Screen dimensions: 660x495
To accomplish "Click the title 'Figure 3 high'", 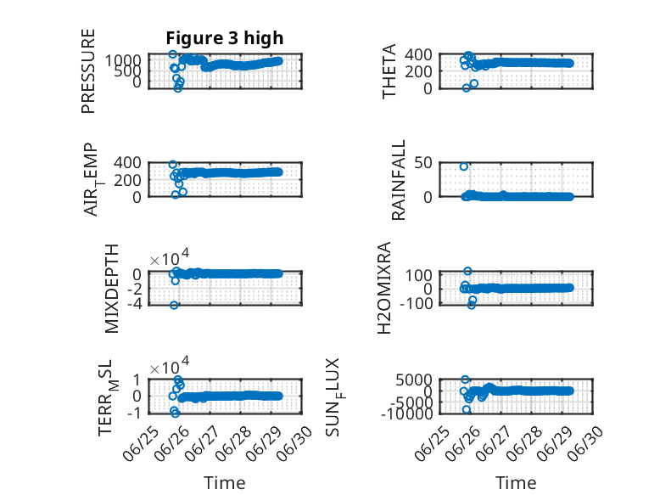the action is click(x=225, y=38).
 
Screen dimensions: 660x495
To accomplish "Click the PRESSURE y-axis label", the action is click(x=88, y=71).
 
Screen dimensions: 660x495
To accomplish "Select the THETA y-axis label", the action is click(x=389, y=71).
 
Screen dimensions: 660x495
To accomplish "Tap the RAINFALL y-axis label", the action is click(x=398, y=180).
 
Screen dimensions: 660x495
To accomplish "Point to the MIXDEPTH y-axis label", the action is click(x=111, y=289).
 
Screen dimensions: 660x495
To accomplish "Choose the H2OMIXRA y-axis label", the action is click(x=384, y=288).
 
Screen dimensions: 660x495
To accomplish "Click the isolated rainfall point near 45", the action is click(x=464, y=166).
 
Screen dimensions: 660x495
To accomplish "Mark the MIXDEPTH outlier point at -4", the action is click(x=174, y=305).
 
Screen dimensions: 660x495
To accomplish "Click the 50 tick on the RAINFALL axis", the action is click(x=423, y=163).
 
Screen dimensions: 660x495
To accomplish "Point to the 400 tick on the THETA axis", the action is click(x=418, y=54).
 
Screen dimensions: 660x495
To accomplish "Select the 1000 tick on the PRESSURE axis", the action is click(x=123, y=60).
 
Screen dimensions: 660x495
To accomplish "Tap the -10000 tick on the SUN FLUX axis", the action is click(x=407, y=414).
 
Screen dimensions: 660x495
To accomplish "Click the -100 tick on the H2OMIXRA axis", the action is click(x=416, y=303).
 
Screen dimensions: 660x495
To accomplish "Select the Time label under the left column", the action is click(x=225, y=483).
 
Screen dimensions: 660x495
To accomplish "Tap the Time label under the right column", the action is click(x=516, y=483).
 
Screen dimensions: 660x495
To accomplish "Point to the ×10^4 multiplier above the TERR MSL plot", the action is click(x=170, y=365).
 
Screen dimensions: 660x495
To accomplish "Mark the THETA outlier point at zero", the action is click(x=467, y=88).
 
